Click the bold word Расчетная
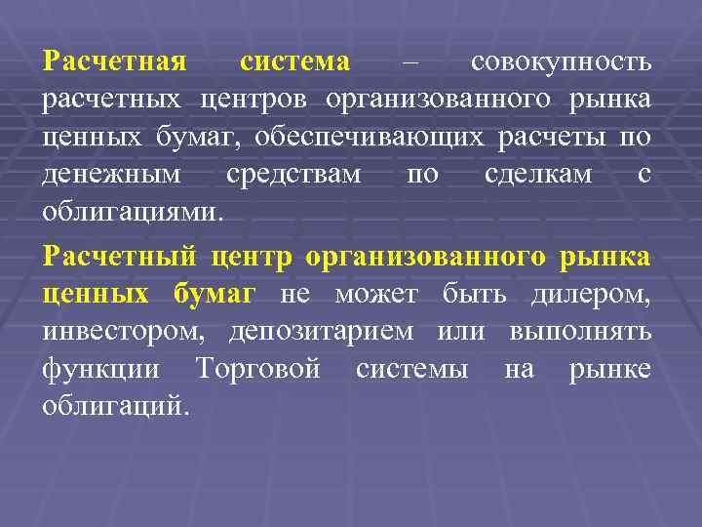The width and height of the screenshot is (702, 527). [x=114, y=62]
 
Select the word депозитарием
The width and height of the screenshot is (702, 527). [x=320, y=333]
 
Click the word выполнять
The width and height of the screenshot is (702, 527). [x=580, y=333]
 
